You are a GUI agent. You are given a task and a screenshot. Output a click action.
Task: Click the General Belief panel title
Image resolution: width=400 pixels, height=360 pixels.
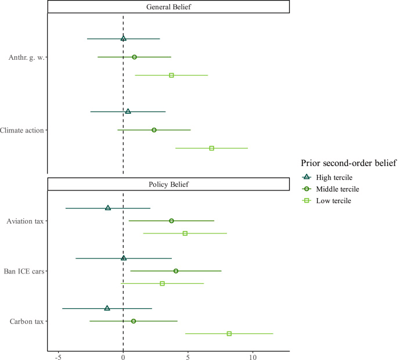click(168, 6)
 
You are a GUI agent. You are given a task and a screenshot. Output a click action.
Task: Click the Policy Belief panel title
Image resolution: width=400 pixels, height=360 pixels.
click(168, 184)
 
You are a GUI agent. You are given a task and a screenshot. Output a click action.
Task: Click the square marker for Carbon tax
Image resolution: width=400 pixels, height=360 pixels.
click(229, 333)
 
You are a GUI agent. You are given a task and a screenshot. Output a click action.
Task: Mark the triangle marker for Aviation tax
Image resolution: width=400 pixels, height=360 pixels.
click(108, 208)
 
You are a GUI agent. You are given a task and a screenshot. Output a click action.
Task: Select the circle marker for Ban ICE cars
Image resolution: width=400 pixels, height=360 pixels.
click(176, 271)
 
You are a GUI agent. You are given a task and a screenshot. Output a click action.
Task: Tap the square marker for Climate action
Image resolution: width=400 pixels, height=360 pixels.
click(211, 148)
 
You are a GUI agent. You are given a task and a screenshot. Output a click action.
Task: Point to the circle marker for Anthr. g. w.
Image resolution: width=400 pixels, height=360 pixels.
click(134, 57)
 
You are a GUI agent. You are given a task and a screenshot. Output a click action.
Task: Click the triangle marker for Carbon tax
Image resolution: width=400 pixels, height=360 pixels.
click(107, 308)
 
